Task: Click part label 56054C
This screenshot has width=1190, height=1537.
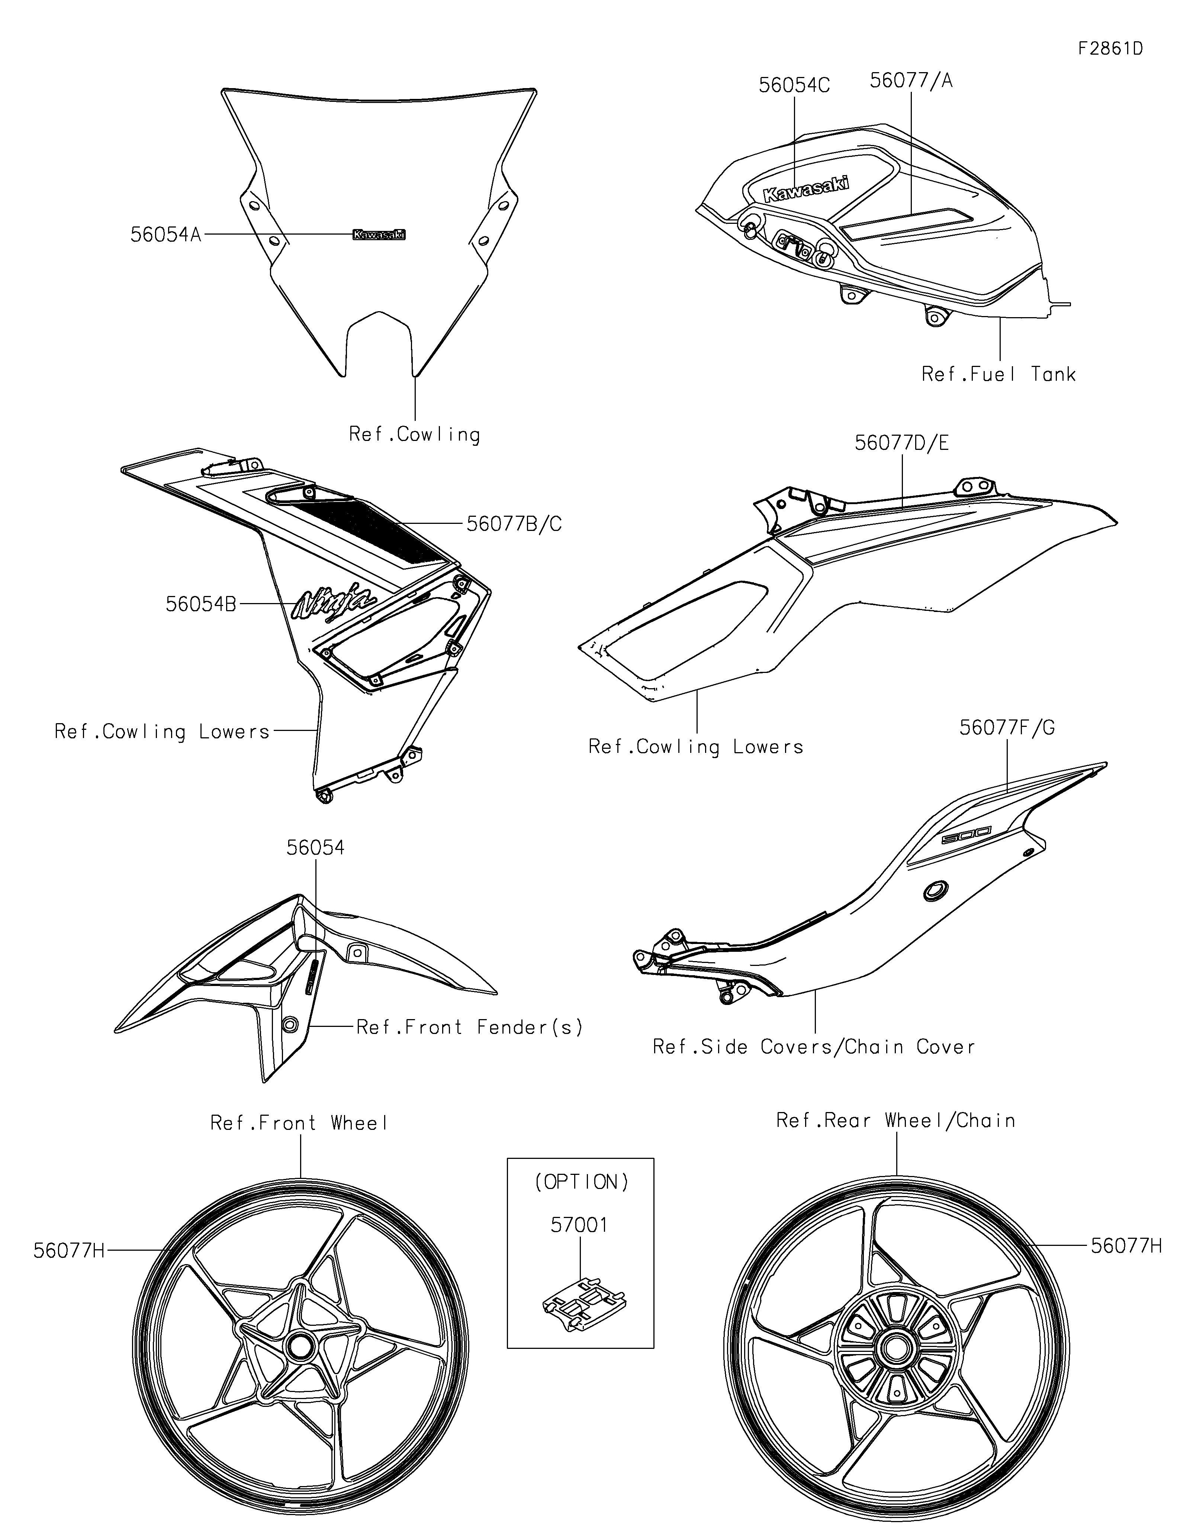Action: pyautogui.click(x=794, y=85)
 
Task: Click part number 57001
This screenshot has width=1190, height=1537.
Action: pyautogui.click(x=579, y=1225)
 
